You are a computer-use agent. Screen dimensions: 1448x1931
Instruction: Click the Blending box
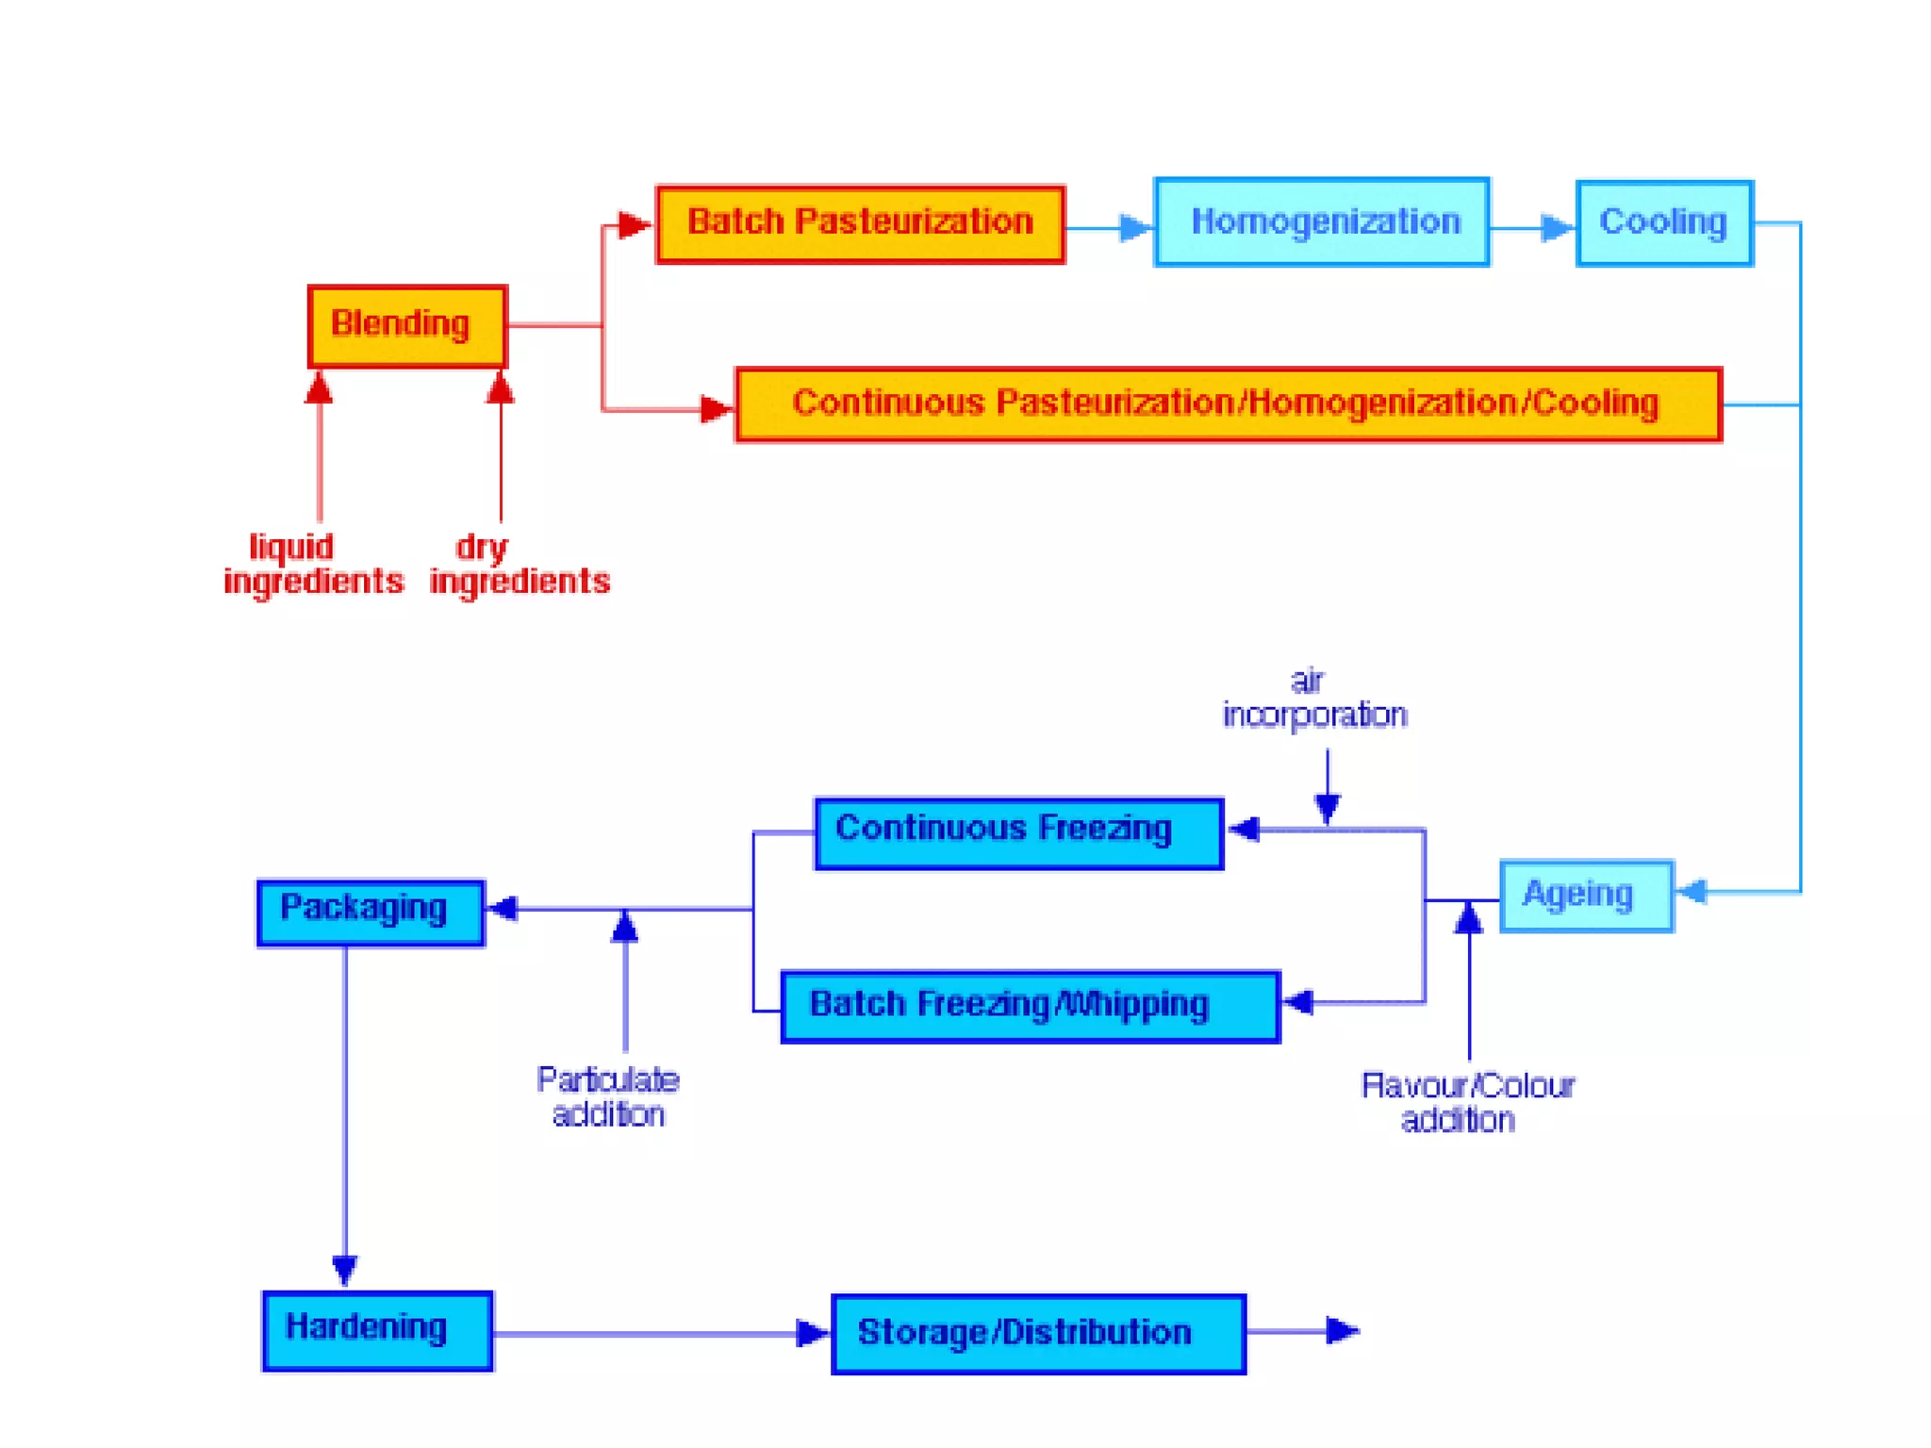407,326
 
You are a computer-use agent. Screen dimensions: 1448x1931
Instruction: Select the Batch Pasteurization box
860,224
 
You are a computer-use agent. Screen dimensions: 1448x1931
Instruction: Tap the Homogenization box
1322,222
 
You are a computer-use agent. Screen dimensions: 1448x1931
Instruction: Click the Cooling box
1664,223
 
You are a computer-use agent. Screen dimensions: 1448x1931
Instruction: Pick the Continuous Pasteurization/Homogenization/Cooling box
1228,404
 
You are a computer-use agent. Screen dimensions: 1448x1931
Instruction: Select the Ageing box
1586,896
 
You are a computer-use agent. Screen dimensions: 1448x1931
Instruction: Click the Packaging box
371,912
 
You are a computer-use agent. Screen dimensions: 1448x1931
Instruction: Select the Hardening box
377,1330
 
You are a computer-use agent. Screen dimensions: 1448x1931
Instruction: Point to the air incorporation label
1313,699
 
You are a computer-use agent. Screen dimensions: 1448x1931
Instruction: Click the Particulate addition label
608,1096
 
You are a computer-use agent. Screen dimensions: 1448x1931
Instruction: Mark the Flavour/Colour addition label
1466,1102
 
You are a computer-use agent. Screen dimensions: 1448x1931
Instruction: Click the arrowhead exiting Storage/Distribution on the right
1342,1330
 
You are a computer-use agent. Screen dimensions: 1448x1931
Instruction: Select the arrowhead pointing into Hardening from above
345,1269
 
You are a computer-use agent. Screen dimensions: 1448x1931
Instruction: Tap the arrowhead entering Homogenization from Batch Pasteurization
1135,227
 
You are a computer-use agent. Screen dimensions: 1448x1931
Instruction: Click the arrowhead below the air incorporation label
1328,808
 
